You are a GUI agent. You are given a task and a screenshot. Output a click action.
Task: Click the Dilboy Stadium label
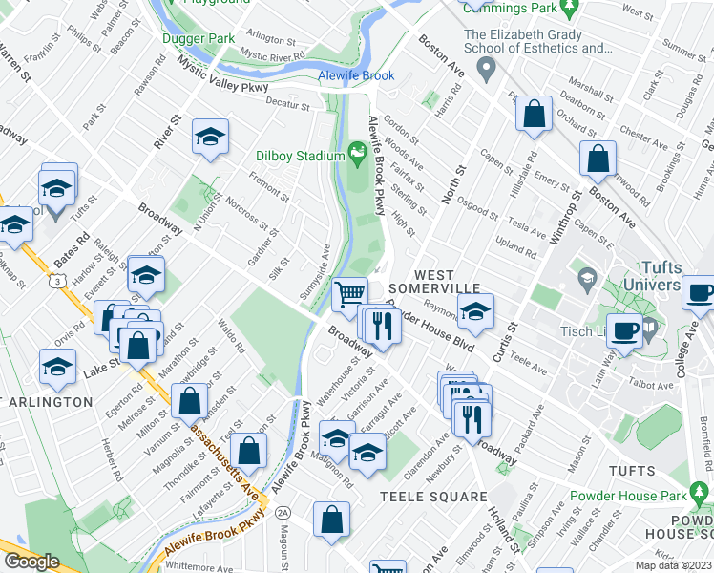pos(300,156)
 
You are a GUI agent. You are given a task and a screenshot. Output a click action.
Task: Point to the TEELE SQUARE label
pos(433,497)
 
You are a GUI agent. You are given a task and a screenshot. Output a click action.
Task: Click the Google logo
pos(31,562)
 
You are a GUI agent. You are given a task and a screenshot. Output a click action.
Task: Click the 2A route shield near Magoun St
pos(282,513)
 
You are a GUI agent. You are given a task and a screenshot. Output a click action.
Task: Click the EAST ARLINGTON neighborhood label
pos(46,402)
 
